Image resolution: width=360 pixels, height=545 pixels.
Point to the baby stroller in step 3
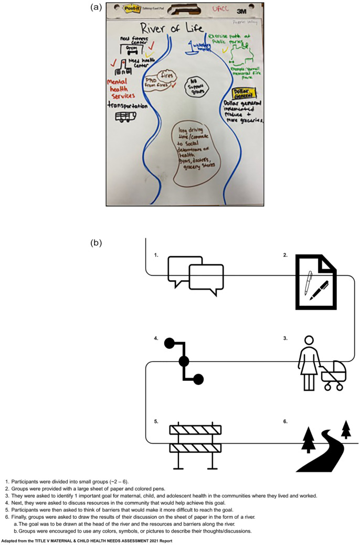[334, 376]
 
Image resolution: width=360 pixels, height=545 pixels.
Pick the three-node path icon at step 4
[184, 361]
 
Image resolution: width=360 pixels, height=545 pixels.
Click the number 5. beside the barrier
[156, 421]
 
